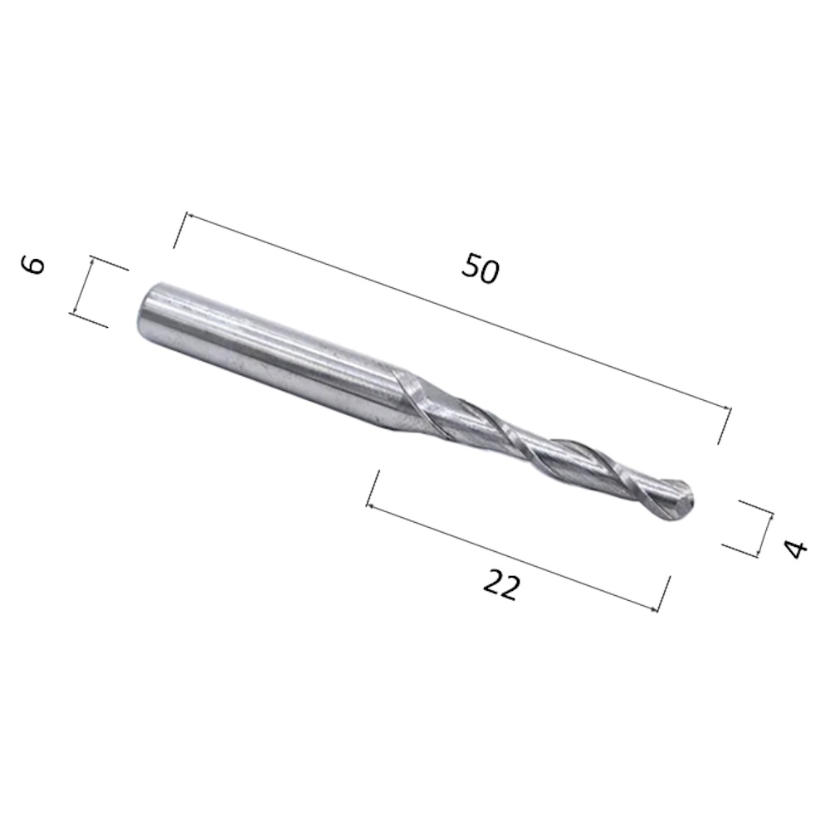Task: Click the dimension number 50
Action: pyautogui.click(x=480, y=268)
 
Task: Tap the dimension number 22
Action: pyautogui.click(x=500, y=585)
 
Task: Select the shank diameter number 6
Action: pyautogui.click(x=33, y=265)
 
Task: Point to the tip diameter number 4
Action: pyautogui.click(x=796, y=549)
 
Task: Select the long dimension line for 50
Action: pyautogui.click(x=458, y=311)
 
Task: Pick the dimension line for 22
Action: pyautogui.click(x=512, y=558)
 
